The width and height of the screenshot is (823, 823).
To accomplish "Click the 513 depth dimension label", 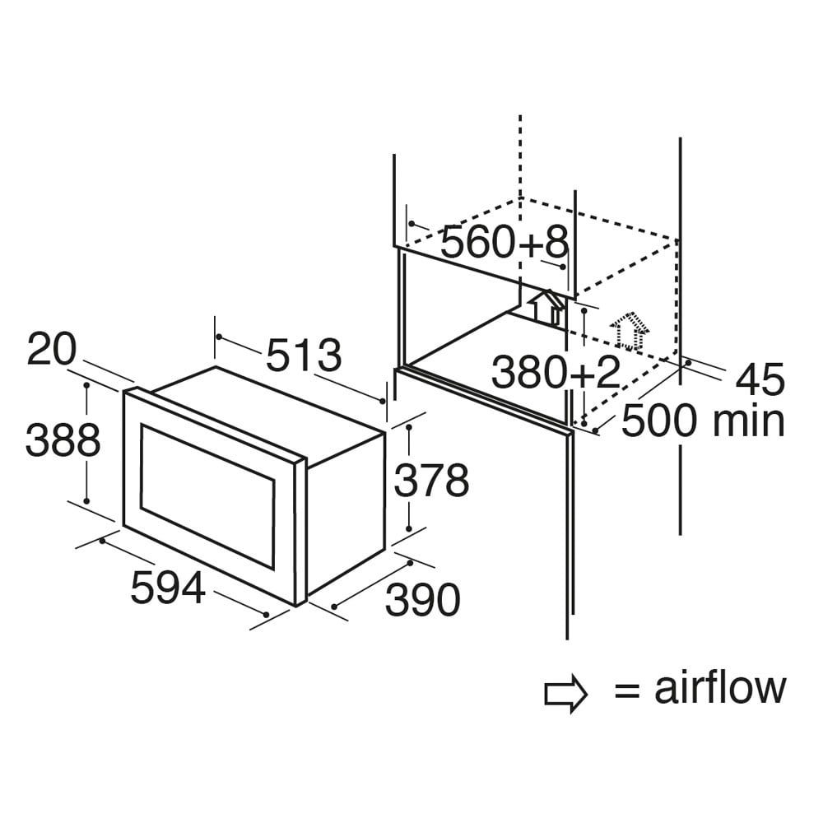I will [x=303, y=356].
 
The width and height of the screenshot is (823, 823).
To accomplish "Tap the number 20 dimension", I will [x=51, y=350].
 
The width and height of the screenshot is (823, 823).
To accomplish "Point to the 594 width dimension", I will [x=167, y=588].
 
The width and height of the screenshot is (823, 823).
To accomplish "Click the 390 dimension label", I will [x=422, y=600].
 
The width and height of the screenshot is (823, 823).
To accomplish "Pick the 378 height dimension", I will [x=431, y=481].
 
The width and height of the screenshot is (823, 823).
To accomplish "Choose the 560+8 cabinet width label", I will [x=504, y=242].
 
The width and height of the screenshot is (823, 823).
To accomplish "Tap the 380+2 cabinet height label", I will [x=555, y=373].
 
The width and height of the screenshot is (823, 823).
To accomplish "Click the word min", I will [x=748, y=421].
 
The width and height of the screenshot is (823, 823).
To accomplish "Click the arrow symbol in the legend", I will [x=566, y=694].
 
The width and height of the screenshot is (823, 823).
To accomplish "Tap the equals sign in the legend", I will [x=627, y=691].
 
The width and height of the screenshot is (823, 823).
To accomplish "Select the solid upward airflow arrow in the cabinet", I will [x=546, y=306].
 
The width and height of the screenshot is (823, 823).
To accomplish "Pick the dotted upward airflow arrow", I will [x=630, y=331].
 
